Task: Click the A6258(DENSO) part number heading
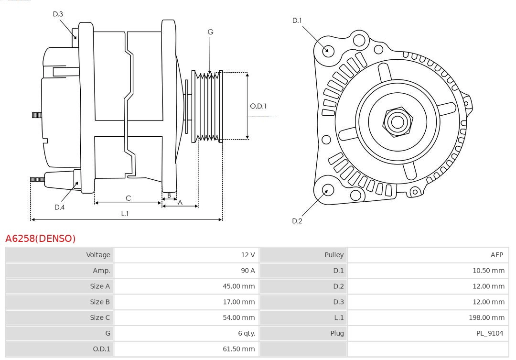pos(41,239)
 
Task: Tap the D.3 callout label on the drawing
pos(58,14)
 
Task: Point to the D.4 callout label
pos(59,207)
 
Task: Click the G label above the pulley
pos(210,32)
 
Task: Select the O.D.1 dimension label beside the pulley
pos(258,106)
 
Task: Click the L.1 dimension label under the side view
pos(125,214)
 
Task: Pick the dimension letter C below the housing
pos(128,198)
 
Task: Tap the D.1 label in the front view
pos(297,21)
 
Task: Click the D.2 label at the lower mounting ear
pos(297,221)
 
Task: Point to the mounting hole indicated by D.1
pos(328,50)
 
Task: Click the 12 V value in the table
pos(247,255)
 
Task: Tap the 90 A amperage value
pos(247,271)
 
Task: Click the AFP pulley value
pos(496,255)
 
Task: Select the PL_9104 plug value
pos(490,333)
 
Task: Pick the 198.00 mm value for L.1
pos(486,317)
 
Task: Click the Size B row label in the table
pos(100,302)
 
